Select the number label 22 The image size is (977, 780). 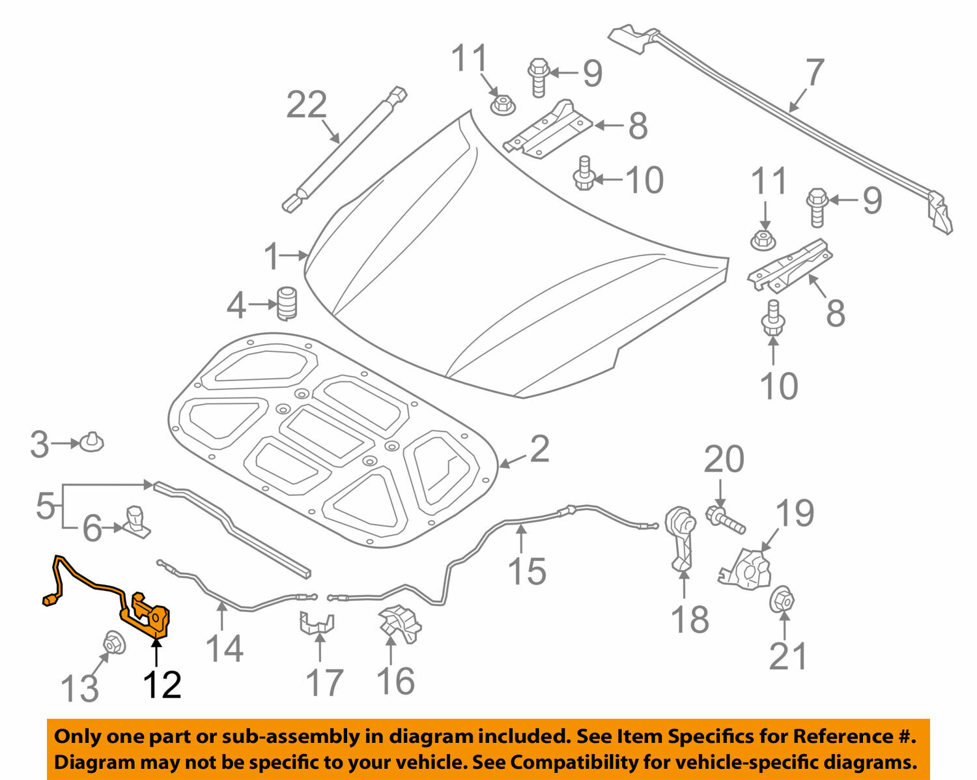306,104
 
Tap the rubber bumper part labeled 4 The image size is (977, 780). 287,304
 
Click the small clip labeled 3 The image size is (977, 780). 92,442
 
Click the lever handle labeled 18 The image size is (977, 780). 681,538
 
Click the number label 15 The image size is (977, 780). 526,571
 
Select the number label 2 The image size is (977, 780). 539,449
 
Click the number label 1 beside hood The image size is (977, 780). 272,256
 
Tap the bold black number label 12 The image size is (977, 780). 162,684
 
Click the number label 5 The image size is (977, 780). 45,506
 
